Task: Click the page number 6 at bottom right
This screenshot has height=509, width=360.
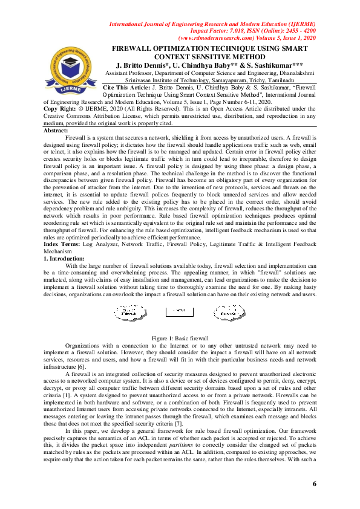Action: (x=315, y=484)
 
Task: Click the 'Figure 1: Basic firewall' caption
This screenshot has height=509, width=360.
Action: (x=180, y=338)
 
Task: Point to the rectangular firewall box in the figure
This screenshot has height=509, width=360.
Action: (x=180, y=312)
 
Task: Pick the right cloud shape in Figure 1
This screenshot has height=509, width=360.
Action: (x=229, y=312)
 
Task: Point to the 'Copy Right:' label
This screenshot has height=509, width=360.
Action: (x=64, y=109)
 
